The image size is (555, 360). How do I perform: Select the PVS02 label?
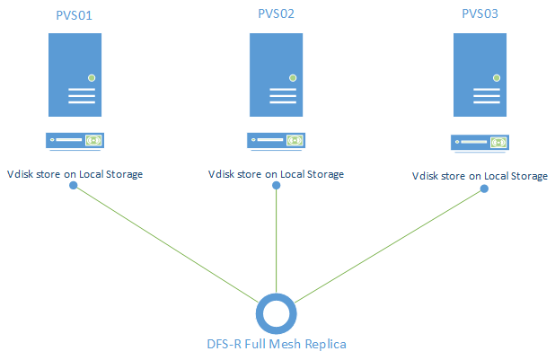[277, 14]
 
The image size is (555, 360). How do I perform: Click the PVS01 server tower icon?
[75, 75]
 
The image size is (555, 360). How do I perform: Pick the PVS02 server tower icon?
[277, 75]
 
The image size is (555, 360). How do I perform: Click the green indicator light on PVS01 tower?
[92, 79]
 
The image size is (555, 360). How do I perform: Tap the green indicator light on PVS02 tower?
[293, 79]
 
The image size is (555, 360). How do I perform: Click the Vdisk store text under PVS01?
[75, 173]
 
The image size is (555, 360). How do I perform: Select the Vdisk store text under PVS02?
[276, 174]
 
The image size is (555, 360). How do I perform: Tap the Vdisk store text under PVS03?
[480, 176]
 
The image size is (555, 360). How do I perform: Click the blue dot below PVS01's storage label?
[75, 187]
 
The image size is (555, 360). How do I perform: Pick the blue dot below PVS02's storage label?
[276, 186]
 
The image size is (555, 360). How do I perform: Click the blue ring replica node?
[277, 312]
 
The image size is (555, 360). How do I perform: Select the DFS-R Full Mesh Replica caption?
[277, 344]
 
